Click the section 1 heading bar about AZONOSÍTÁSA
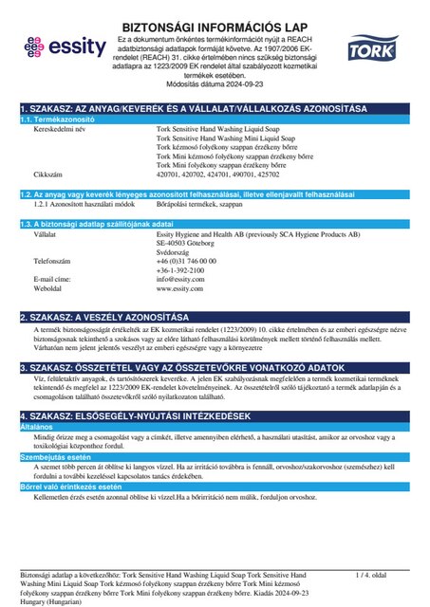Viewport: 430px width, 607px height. tap(215, 110)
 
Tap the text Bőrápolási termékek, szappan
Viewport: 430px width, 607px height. tap(198, 204)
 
